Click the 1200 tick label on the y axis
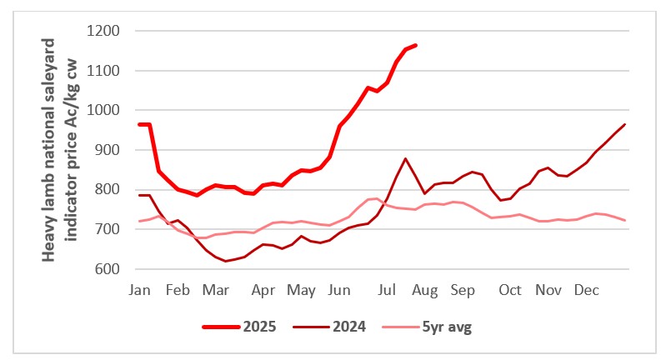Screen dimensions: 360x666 point(103,32)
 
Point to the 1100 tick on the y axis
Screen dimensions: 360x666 point(103,71)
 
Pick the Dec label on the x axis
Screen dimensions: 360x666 point(586,290)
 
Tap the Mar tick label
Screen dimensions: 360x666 point(217,290)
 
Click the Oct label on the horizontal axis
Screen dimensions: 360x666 point(510,290)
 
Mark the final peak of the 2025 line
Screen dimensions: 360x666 point(416,45)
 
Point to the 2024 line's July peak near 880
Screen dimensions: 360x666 point(405,158)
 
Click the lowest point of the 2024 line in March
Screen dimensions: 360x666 point(225,262)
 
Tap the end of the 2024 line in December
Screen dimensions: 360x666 point(625,124)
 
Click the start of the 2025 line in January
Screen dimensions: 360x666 point(139,124)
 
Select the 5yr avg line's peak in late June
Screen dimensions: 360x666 point(377,198)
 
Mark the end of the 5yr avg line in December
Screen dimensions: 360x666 point(625,220)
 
